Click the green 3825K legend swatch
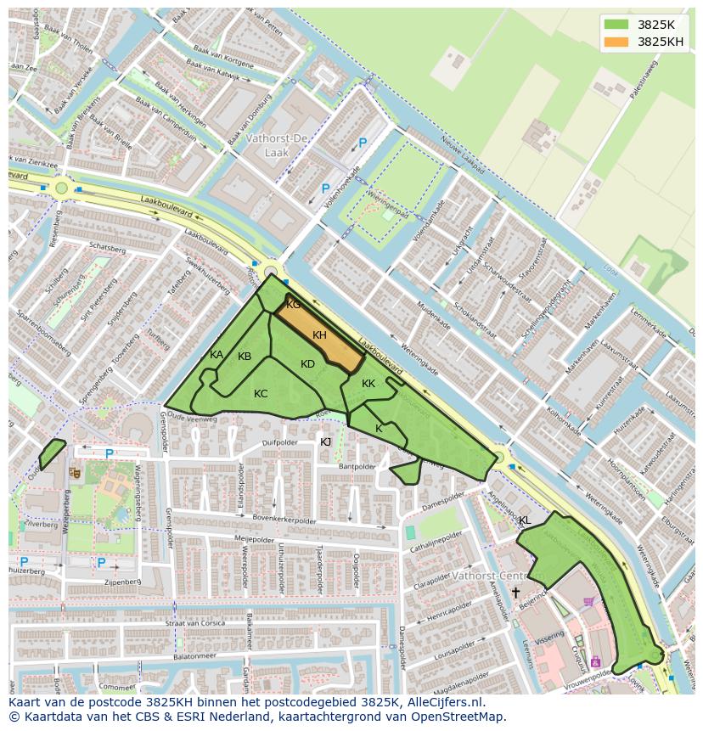tap(616, 25)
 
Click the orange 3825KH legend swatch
tap(616, 42)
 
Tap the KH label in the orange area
tap(319, 335)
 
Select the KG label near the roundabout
tap(293, 305)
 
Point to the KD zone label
tap(307, 364)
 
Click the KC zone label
tap(261, 393)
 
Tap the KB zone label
tap(245, 357)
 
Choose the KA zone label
tap(217, 355)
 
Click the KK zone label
tap(368, 384)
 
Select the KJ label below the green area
tap(325, 441)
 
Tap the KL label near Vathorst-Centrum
tap(524, 520)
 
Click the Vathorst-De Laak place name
tap(277, 144)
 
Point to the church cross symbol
tap(515, 592)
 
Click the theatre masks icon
tap(75, 471)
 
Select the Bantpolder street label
tap(357, 466)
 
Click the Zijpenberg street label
tap(123, 582)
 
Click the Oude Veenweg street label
tap(194, 418)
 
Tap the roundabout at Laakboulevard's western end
tap(61, 188)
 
